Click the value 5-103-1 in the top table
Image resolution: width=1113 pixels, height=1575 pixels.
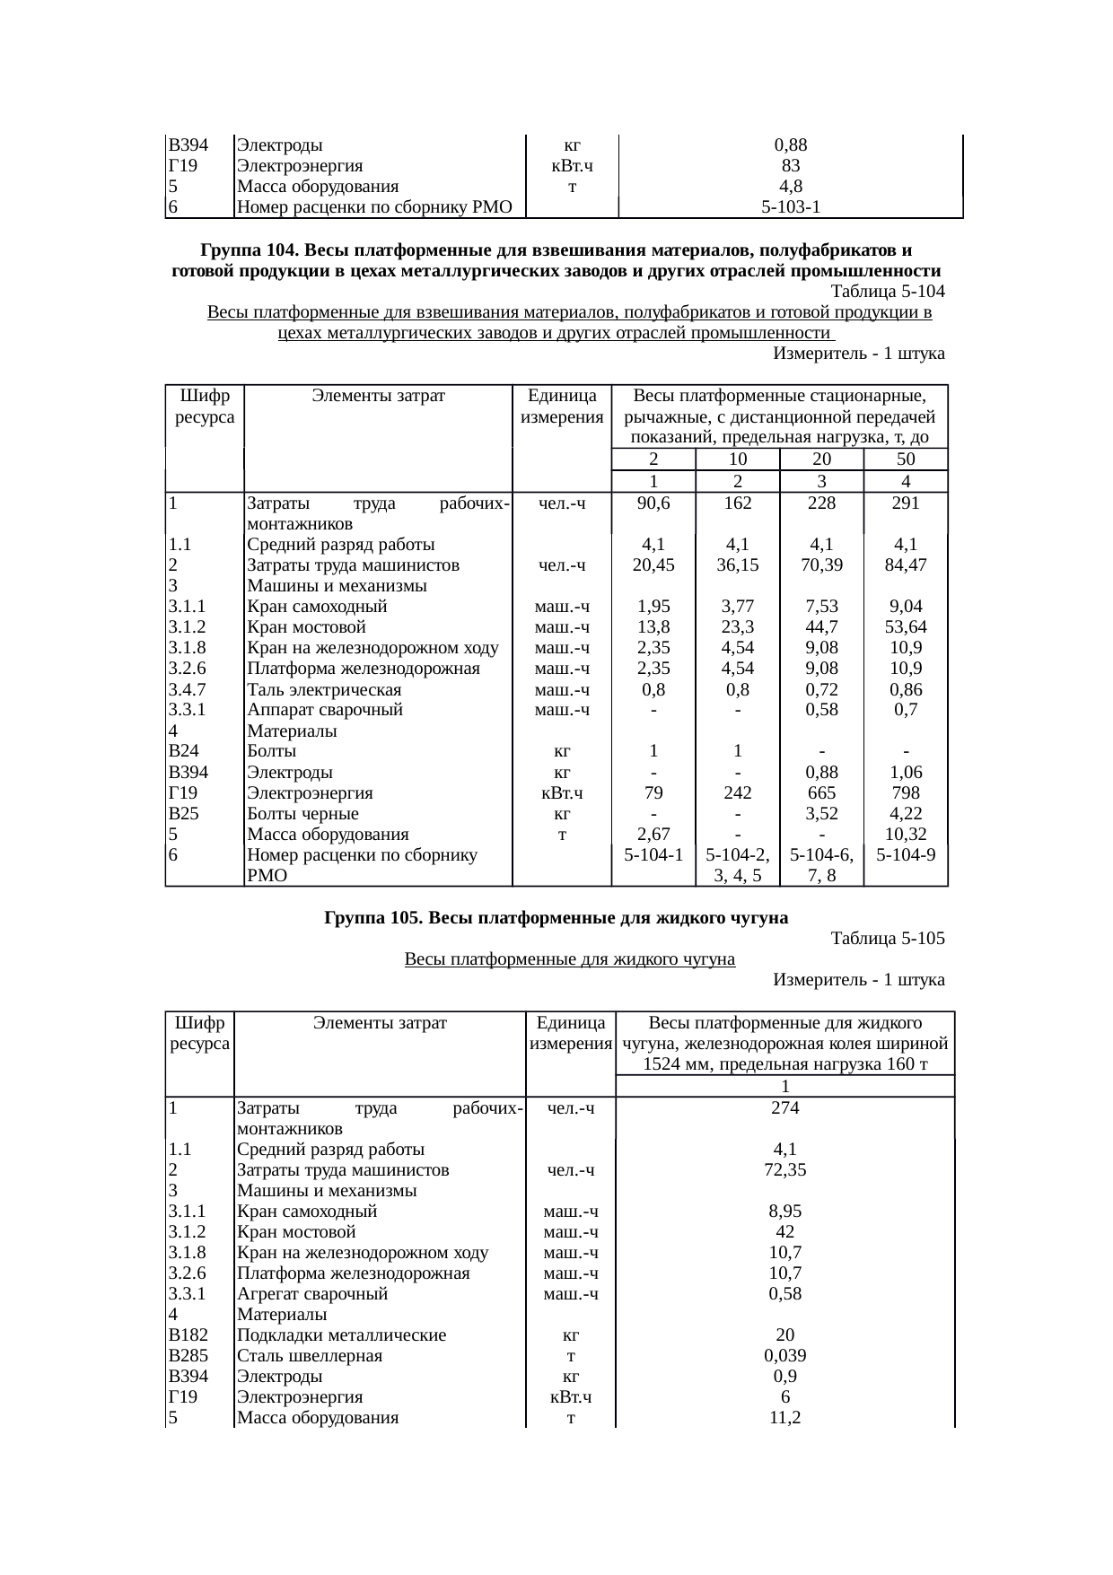pyautogui.click(x=790, y=208)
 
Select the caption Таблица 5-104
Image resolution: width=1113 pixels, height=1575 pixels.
pyautogui.click(x=888, y=292)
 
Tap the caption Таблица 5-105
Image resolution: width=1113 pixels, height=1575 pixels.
pyautogui.click(x=888, y=939)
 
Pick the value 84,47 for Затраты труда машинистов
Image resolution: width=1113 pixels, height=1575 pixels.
pyautogui.click(x=906, y=565)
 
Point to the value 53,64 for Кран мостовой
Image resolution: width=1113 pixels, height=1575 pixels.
pyautogui.click(x=906, y=627)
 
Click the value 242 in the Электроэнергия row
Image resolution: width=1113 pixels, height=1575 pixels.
pyautogui.click(x=737, y=793)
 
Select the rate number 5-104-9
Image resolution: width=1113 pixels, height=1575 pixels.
pyautogui.click(x=906, y=855)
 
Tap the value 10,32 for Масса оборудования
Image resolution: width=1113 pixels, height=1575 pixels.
pyautogui.click(x=906, y=835)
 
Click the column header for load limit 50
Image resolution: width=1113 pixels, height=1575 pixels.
pyautogui.click(x=906, y=459)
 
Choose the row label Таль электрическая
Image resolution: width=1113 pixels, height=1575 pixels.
pyautogui.click(x=324, y=690)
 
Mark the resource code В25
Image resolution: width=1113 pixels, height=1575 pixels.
pyautogui.click(x=184, y=814)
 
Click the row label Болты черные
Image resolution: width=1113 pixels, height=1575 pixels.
pyautogui.click(x=302, y=814)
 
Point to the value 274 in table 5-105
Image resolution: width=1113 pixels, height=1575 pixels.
pyautogui.click(x=784, y=1108)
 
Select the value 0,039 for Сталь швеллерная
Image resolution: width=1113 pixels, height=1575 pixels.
pyautogui.click(x=784, y=1356)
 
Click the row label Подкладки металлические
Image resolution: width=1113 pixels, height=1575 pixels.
pyautogui.click(x=341, y=1335)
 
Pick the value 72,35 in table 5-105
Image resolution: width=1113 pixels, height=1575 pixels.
pyautogui.click(x=784, y=1170)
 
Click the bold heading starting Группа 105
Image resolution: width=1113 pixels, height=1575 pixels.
pyautogui.click(x=556, y=918)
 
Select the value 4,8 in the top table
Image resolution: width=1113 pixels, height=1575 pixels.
pyautogui.click(x=790, y=188)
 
